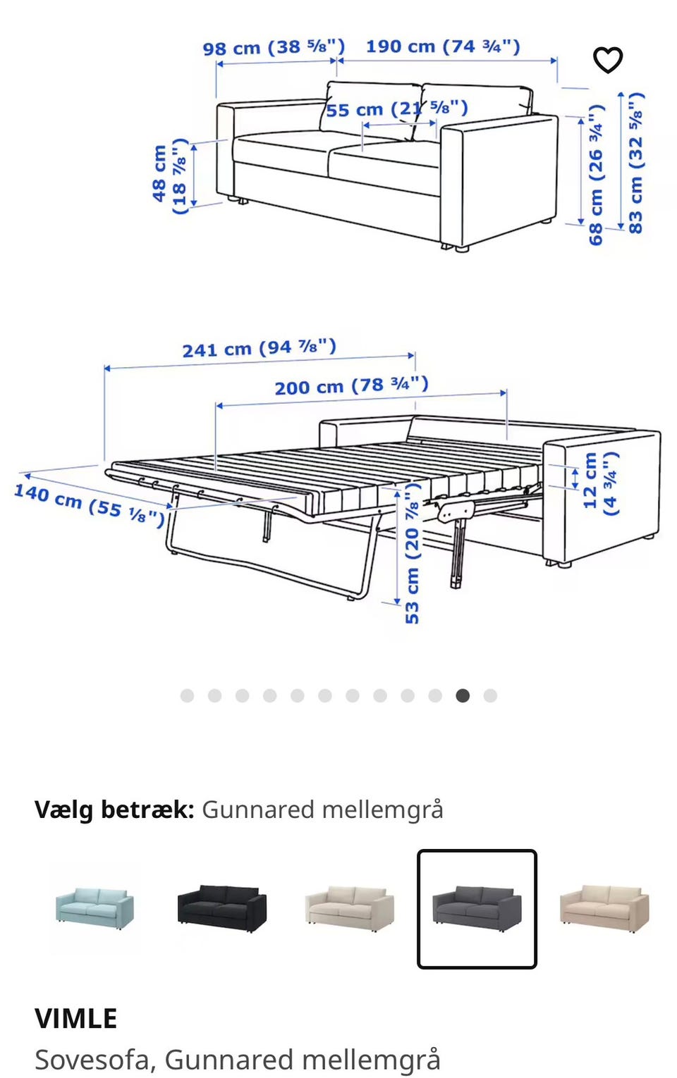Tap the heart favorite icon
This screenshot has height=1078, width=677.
[607, 60]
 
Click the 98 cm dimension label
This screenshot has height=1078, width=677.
[274, 48]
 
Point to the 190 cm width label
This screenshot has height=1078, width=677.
[443, 47]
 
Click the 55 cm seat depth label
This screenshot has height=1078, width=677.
[396, 109]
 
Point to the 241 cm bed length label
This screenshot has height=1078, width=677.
[259, 348]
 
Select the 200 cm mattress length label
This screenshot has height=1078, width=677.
[351, 386]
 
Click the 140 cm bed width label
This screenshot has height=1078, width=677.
[90, 503]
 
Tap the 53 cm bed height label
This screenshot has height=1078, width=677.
[412, 557]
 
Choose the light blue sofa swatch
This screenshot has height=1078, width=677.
[94, 908]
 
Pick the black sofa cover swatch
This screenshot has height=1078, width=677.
[221, 909]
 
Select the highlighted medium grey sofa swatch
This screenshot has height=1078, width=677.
[477, 909]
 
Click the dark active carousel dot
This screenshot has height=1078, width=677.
[463, 696]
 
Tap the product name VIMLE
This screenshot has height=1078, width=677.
[76, 1019]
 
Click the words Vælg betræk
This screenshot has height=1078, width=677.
[114, 810]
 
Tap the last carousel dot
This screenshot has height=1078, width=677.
[490, 696]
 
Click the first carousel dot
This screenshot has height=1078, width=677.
[187, 696]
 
